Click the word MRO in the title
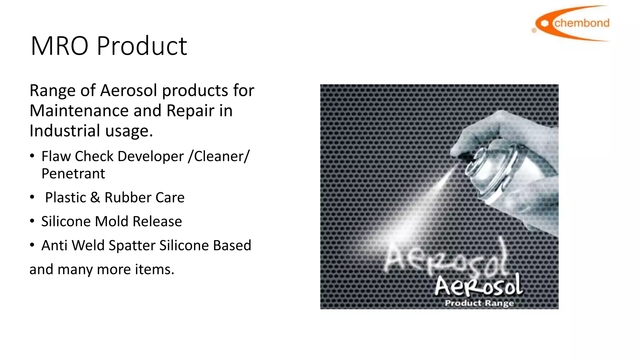(59, 46)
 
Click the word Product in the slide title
(142, 46)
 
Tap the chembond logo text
(582, 23)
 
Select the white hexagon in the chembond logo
(545, 23)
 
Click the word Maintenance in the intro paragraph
(79, 111)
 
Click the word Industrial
(65, 131)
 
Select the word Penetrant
(73, 174)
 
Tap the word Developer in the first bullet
(151, 156)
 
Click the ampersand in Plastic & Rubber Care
(95, 197)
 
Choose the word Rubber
(128, 197)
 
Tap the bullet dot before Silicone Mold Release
(32, 221)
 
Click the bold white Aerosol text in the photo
(478, 286)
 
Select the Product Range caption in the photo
(479, 303)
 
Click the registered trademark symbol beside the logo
(534, 30)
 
